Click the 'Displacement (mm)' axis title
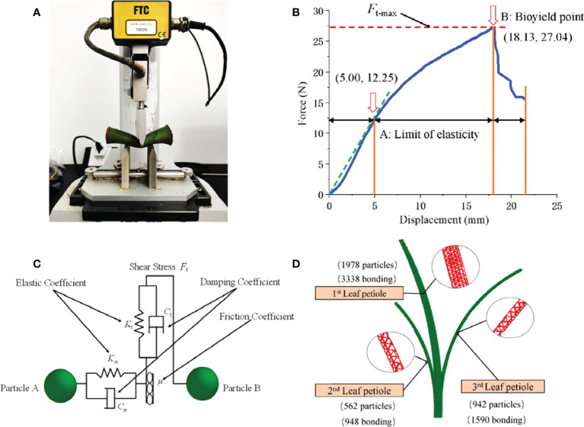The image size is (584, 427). tap(442, 219)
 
